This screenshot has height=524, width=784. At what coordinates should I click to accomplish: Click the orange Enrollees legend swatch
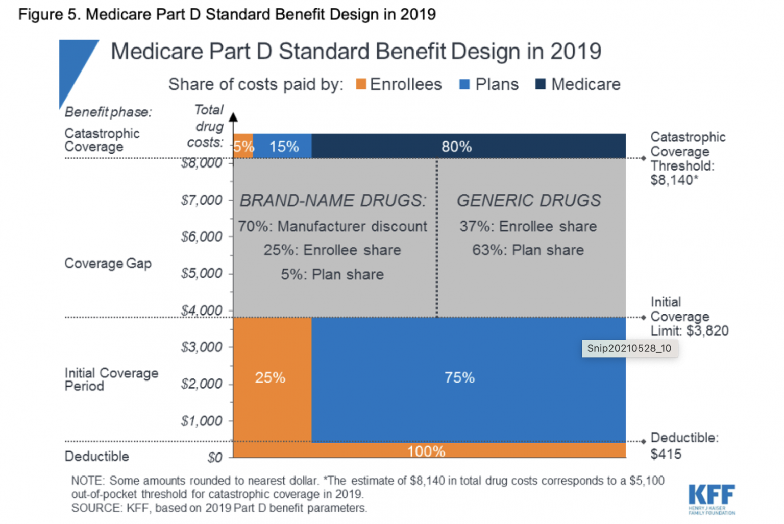[361, 84]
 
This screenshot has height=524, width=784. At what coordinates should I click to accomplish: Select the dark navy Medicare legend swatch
[540, 84]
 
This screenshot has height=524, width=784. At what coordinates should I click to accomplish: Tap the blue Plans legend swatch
[464, 84]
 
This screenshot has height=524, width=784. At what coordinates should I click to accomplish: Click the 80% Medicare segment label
[456, 147]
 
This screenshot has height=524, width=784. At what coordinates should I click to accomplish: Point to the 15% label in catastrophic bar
[284, 147]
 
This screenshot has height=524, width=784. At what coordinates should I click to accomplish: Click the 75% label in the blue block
[459, 377]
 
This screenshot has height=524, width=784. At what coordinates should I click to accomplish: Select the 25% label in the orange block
[270, 377]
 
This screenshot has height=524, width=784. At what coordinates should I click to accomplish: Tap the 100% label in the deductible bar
[426, 451]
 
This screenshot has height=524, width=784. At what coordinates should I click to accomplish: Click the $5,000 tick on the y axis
[202, 273]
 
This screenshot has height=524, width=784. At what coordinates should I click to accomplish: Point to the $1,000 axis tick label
[202, 421]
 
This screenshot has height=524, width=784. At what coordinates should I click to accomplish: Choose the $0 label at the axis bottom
[215, 458]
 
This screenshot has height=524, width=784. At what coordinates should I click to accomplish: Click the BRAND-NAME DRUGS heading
[333, 200]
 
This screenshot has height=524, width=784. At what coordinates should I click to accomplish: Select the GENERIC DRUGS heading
[529, 200]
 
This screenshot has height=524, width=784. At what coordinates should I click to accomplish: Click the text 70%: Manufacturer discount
[332, 226]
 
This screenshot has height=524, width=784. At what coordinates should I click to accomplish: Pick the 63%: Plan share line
[528, 250]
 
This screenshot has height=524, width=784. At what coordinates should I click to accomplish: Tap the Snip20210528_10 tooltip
[629, 349]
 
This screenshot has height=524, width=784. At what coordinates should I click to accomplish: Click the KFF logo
[712, 498]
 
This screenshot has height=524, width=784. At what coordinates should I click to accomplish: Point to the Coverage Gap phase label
[108, 264]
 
